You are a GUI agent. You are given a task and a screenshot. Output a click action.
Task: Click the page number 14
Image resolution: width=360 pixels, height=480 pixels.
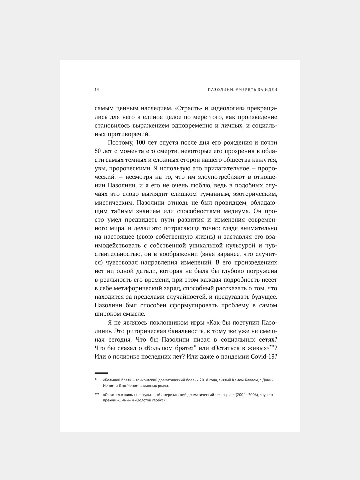97,89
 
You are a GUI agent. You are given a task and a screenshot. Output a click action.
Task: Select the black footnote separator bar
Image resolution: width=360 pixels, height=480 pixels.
101,373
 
